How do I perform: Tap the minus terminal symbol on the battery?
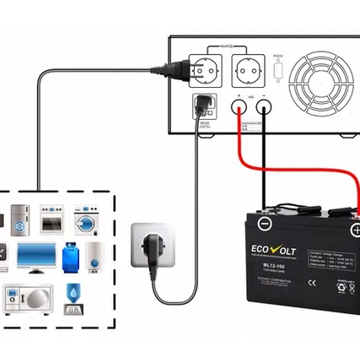(x=265, y=224)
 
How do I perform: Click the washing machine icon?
(x=87, y=221)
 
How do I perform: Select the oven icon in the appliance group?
(x=51, y=222)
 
